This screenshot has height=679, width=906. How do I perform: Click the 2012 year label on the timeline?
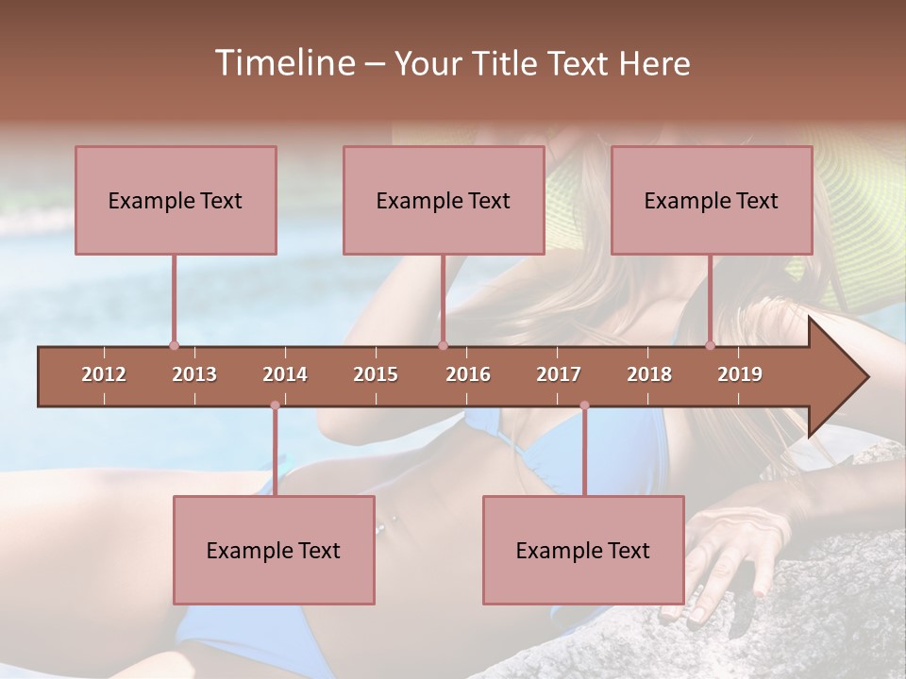104,374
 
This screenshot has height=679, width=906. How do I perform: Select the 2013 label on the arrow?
194,374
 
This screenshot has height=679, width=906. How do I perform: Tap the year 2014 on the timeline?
285,374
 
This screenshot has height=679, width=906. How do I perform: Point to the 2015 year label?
376,374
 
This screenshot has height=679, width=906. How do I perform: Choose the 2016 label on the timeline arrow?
468,374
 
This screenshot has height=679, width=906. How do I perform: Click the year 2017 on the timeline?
559,374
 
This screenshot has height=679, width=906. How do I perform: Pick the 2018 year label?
649,374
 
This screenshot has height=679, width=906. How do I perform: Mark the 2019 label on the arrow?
740,374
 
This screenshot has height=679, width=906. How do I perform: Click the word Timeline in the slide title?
283,63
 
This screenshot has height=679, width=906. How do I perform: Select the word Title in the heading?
507,63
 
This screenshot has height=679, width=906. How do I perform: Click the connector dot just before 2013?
174,345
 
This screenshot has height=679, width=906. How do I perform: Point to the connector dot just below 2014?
275,406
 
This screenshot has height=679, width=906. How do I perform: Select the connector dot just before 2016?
443,345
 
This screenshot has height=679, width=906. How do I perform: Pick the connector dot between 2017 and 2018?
584,406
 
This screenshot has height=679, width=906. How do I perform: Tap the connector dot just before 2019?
710,345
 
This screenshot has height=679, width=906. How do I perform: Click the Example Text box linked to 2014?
274,550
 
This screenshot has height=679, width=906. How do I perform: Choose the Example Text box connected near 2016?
444,200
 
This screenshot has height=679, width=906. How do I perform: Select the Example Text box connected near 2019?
712,200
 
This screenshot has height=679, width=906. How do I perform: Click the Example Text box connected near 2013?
176,200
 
